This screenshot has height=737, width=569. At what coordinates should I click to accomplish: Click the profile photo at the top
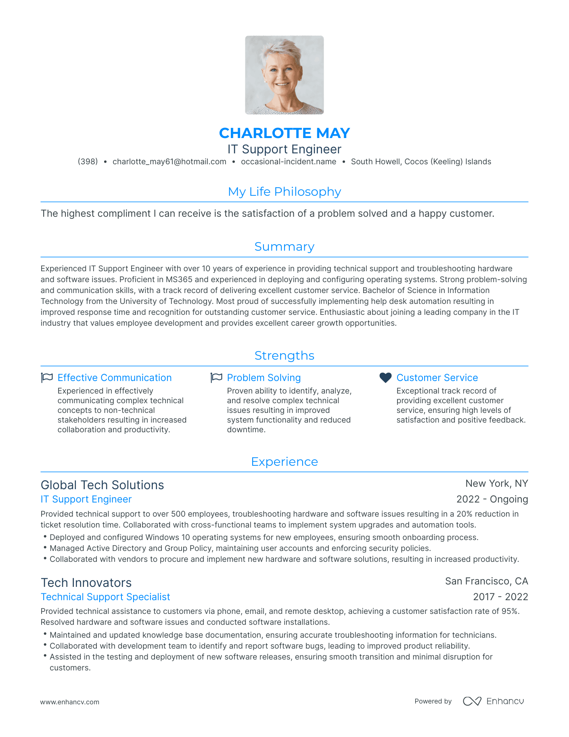pyautogui.click(x=284, y=75)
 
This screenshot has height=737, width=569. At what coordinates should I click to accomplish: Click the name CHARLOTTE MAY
pyautogui.click(x=284, y=133)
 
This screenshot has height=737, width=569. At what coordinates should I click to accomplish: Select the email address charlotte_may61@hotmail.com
pyautogui.click(x=169, y=162)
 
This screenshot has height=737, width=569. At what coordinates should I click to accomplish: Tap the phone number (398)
pyautogui.click(x=88, y=162)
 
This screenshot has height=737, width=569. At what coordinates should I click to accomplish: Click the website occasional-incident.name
pyautogui.click(x=289, y=162)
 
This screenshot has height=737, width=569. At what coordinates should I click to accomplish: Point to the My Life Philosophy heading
pyautogui.click(x=284, y=192)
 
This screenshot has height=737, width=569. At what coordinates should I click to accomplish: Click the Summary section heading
pyautogui.click(x=284, y=247)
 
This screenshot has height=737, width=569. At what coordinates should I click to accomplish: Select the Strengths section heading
pyautogui.click(x=284, y=356)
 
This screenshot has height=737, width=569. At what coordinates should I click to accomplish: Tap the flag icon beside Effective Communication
pyautogui.click(x=47, y=378)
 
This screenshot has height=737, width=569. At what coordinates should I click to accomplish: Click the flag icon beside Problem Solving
pyautogui.click(x=217, y=378)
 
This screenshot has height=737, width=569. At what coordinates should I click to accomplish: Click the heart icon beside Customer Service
pyautogui.click(x=386, y=378)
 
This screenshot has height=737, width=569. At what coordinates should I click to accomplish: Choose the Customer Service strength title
pyautogui.click(x=437, y=378)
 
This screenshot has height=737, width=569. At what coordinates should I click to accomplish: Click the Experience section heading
pyautogui.click(x=284, y=462)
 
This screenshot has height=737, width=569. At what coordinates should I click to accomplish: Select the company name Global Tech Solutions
pyautogui.click(x=103, y=485)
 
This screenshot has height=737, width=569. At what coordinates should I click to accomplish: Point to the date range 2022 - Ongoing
pyautogui.click(x=492, y=499)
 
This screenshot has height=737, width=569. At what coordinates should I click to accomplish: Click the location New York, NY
pyautogui.click(x=496, y=484)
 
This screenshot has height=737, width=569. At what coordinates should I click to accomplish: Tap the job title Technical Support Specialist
pyautogui.click(x=105, y=597)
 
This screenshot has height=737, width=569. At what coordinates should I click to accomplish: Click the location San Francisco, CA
pyautogui.click(x=486, y=581)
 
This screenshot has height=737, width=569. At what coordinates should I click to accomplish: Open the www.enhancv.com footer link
pyautogui.click(x=70, y=702)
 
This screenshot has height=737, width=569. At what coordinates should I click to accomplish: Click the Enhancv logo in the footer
pyautogui.click(x=493, y=701)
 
